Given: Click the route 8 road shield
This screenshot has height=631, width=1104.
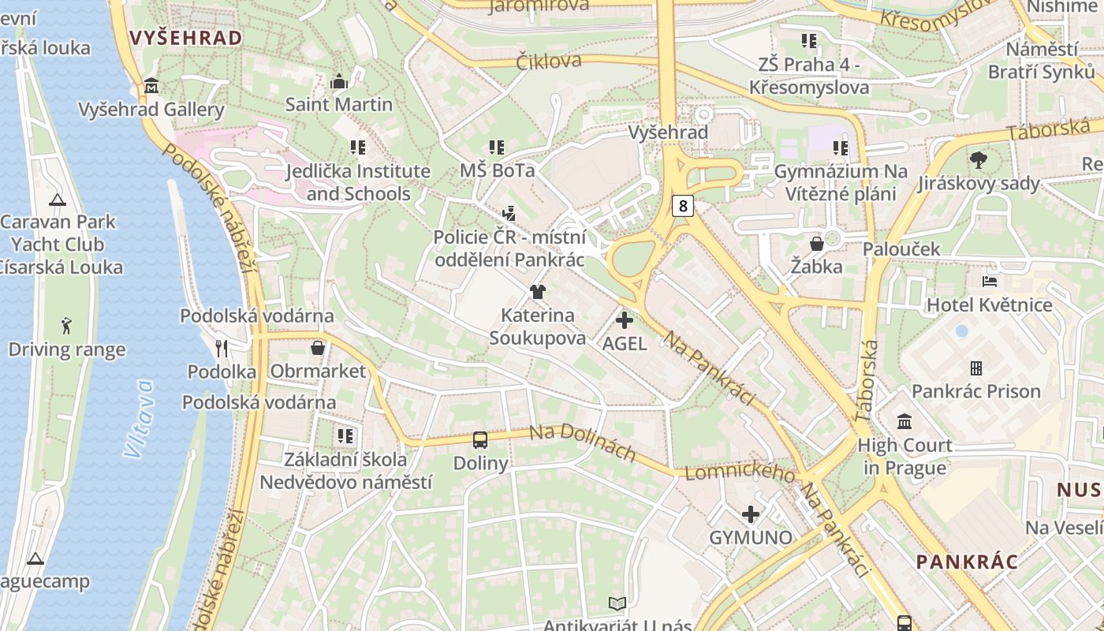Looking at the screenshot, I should pyautogui.click(x=683, y=207).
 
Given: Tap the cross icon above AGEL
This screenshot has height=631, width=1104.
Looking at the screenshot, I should pyautogui.click(x=625, y=320).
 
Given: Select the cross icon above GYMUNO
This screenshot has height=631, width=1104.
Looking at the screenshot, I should pyautogui.click(x=751, y=515).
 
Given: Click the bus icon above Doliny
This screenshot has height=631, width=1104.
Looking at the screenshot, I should pyautogui.click(x=480, y=440).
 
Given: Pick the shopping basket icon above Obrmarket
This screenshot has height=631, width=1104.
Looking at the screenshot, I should pyautogui.click(x=318, y=348).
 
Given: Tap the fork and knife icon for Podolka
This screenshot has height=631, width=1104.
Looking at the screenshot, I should pyautogui.click(x=222, y=348).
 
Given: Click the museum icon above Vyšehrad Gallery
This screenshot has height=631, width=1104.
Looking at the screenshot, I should pyautogui.click(x=151, y=86).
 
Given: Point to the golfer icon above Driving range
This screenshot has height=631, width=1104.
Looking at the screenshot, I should pyautogui.click(x=66, y=326).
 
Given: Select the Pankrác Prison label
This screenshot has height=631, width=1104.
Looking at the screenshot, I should pyautogui.click(x=975, y=391).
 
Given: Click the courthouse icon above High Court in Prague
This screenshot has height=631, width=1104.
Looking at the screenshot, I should pyautogui.click(x=904, y=422).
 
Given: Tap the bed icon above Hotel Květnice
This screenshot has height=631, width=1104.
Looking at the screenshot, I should pyautogui.click(x=990, y=282).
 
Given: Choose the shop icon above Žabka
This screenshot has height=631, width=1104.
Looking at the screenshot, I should pyautogui.click(x=817, y=244).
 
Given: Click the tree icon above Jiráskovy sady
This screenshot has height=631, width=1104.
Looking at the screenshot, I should pyautogui.click(x=979, y=160).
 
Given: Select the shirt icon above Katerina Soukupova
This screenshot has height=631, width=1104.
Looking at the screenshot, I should pyautogui.click(x=538, y=292).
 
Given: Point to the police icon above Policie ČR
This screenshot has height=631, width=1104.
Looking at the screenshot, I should pyautogui.click(x=509, y=213).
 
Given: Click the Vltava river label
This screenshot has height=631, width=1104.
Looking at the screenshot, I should pyautogui.click(x=139, y=419).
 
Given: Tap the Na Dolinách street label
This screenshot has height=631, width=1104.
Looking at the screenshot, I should pyautogui.click(x=582, y=442).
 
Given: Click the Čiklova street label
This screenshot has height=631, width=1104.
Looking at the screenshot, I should pyautogui.click(x=549, y=61).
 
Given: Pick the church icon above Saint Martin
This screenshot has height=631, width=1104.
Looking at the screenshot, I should pyautogui.click(x=339, y=81).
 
